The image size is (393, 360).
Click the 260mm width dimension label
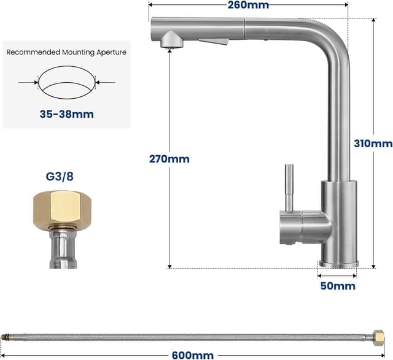tap(248, 5)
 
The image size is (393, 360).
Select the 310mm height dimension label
tap(373, 144)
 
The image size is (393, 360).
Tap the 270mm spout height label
tap(169, 159)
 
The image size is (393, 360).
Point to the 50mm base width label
tap(338, 286)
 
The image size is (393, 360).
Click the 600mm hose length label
tap(193, 355)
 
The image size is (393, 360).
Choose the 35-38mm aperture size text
tap(67, 114)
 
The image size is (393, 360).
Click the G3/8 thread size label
tap(60, 177)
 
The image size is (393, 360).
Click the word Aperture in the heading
tap(111, 52)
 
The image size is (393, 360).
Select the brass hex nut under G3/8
tap(63, 207)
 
